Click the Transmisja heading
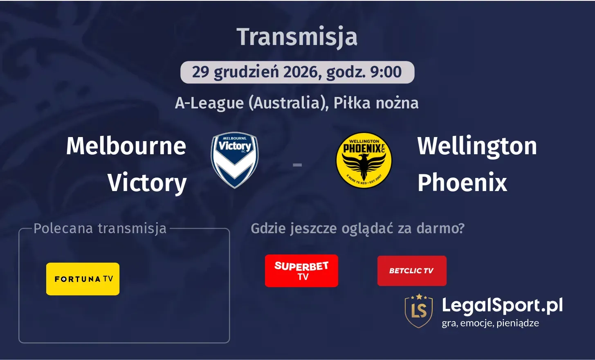(297, 37)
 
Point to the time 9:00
(386, 72)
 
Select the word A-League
(209, 103)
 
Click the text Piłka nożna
(376, 103)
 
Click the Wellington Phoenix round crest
(364, 160)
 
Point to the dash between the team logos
(297, 165)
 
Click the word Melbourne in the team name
(126, 146)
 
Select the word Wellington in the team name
(477, 146)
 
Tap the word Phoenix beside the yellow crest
(462, 182)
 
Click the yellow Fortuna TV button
(83, 279)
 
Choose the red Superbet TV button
(301, 271)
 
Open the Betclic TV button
(411, 271)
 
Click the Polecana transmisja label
(100, 228)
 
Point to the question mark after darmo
(461, 228)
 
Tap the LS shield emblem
(418, 310)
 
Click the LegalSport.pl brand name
(502, 306)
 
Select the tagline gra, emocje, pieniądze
(490, 323)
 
